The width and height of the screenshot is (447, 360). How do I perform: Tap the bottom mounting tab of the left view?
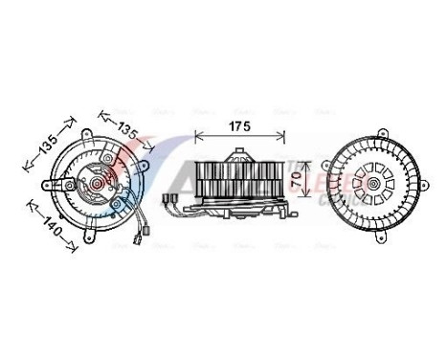coord(92,231)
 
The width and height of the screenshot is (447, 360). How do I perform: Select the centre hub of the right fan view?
coord(369,179)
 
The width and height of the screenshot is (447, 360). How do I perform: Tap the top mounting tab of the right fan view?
coord(380,131)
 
